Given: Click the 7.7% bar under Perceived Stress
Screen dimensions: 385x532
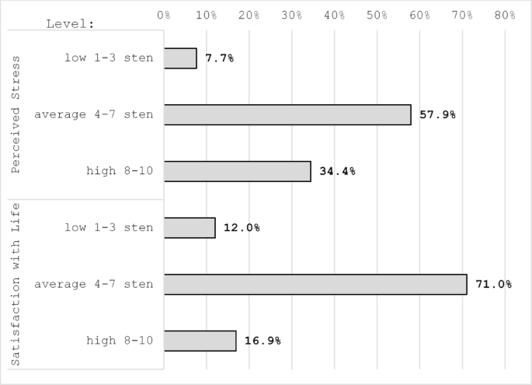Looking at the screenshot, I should coord(180,58).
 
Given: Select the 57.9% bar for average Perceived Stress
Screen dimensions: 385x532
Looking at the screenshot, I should coord(287,114).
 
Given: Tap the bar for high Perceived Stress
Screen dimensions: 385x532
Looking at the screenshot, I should coord(237,171).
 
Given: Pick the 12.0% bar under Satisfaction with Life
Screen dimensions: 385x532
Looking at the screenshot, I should coord(190,228).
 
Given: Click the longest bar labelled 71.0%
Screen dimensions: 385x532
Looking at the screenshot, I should coord(315,284).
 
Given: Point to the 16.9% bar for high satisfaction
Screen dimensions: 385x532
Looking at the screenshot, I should coord(200,341).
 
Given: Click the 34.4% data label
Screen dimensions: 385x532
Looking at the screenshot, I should coord(337,171).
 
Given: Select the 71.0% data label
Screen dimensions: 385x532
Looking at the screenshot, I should coord(493,284).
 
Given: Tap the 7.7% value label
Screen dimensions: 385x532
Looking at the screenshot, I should coord(219,58).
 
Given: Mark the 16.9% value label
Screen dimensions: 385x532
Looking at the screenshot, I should coord(263,341).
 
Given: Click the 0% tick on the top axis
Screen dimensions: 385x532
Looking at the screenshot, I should coord(164,14).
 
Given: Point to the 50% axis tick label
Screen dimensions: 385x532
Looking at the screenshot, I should coord(377,14).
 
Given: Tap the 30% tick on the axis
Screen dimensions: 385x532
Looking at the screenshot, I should coord(291,14).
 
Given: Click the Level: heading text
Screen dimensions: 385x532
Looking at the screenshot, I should coord(70,23).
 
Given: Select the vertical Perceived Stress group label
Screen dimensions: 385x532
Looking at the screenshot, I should coord(18,115).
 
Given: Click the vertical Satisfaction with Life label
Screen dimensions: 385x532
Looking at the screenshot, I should coord(18,284).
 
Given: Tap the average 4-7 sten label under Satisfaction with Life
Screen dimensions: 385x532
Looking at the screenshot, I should coord(94,284).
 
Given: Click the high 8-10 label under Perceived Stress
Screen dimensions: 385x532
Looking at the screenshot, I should coord(120,171).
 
